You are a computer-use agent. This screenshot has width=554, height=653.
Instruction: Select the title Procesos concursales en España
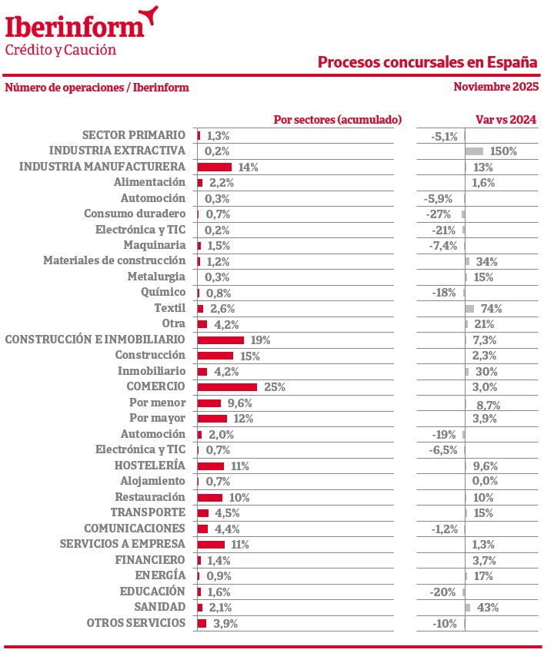(428, 62)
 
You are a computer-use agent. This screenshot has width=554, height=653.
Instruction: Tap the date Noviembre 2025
(496, 86)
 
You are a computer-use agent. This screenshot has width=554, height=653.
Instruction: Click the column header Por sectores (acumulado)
(338, 120)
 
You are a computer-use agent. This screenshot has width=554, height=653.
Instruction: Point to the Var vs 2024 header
(506, 120)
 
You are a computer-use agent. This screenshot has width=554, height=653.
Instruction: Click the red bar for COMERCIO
(227, 386)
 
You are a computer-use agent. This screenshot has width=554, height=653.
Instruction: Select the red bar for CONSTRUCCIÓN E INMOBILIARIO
(221, 340)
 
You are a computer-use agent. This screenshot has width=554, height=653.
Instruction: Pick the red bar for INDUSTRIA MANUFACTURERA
(215, 167)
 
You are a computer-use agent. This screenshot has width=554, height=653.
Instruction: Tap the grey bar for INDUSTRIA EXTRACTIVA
(474, 151)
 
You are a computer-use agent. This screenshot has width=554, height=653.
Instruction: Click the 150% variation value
(503, 151)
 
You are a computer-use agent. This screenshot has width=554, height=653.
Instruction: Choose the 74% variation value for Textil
(491, 309)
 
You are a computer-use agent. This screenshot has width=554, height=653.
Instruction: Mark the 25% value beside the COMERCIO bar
(275, 387)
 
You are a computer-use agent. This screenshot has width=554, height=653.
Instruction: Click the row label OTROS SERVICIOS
(135, 623)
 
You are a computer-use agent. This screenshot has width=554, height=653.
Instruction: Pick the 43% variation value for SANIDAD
(488, 608)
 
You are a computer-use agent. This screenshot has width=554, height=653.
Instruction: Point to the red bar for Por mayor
(212, 418)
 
